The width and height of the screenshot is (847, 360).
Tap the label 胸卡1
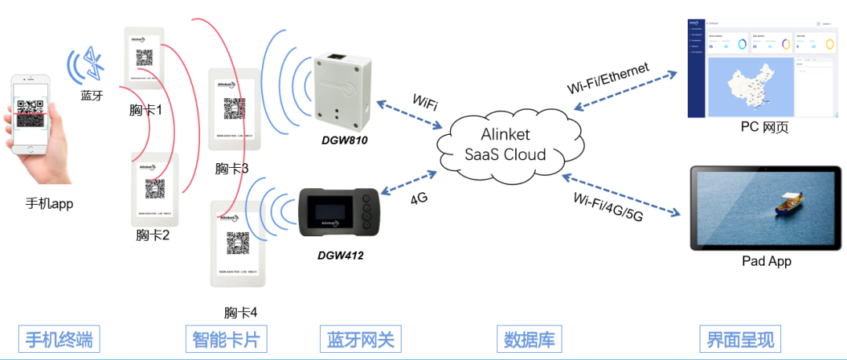tap(146, 110)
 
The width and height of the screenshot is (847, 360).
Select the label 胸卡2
tap(152, 234)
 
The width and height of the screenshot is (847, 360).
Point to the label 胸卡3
tap(231, 168)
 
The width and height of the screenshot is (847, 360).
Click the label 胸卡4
tap(240, 312)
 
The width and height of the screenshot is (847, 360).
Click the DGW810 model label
tap(344, 140)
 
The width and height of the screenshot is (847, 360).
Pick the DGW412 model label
tap(340, 255)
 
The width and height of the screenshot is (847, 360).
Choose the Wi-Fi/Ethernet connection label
tap(608, 78)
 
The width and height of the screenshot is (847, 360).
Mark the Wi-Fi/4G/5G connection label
tap(608, 206)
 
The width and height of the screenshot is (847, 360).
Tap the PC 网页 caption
tap(765, 127)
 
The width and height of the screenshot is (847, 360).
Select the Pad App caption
tap(766, 261)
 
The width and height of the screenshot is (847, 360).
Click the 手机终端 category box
tap(59, 340)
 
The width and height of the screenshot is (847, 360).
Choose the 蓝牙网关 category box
tap(360, 340)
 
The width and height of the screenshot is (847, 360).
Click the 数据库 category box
tap(529, 340)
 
